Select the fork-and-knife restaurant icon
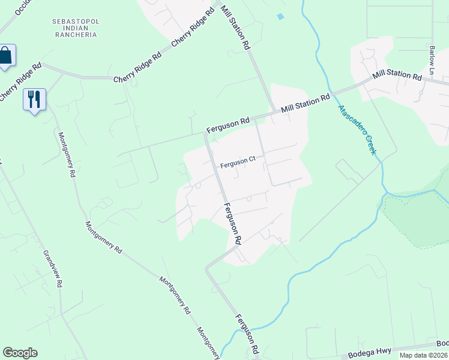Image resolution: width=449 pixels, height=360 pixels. [x=34, y=98]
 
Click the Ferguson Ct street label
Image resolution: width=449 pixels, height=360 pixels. [x=238, y=160]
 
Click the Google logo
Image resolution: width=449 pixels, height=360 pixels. [x=20, y=353]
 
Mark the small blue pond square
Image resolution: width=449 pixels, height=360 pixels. [x=280, y=16]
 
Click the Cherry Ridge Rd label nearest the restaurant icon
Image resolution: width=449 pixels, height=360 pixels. [x=20, y=82]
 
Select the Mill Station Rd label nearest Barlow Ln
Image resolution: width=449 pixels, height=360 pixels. [x=397, y=75]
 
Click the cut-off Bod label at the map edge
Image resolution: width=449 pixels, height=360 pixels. [x=442, y=343]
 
